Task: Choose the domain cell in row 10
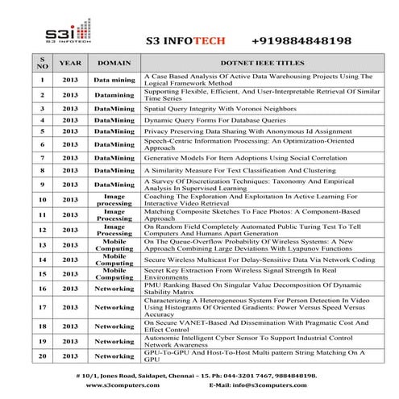[114, 199]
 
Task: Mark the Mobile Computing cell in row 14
[114, 260]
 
